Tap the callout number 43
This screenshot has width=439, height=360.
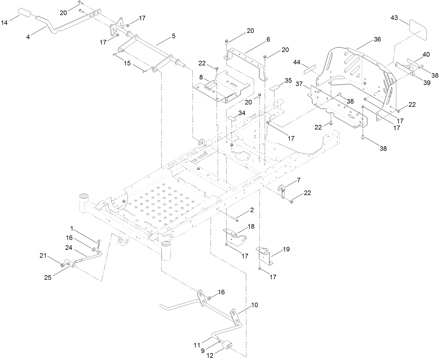click(394, 18)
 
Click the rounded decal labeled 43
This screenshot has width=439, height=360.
click(417, 29)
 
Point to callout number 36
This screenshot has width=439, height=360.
click(377, 39)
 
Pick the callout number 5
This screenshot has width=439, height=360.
click(173, 36)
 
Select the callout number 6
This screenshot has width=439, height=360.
click(268, 39)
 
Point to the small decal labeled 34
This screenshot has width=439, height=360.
click(232, 118)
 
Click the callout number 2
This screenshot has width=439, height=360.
click(252, 210)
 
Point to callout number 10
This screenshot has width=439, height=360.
click(254, 305)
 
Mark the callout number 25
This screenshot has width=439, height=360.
click(48, 277)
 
